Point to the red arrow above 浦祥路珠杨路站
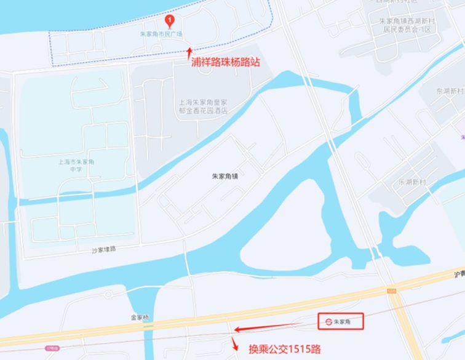click(x=189, y=52)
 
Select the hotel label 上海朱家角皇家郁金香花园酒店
click(x=203, y=106)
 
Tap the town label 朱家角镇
click(x=225, y=176)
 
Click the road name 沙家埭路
click(x=104, y=249)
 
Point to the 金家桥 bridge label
click(x=140, y=318)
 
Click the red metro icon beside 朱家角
click(x=328, y=321)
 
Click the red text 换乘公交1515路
click(x=284, y=349)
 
